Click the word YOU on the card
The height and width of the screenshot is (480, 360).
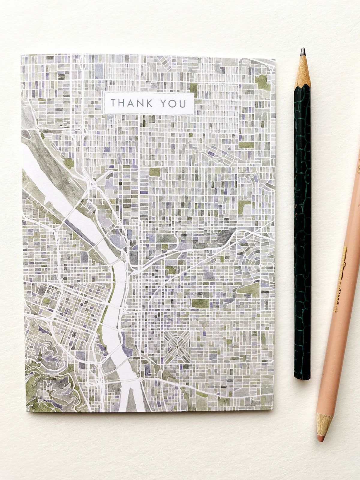coord(173,103)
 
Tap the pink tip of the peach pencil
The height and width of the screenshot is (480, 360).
coord(321,439)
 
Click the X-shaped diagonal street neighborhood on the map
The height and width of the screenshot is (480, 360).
coord(177,346)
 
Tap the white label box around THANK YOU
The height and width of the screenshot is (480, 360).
coord(148,103)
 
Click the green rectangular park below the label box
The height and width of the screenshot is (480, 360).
coord(155,172)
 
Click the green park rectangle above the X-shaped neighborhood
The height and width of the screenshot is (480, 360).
coord(200,303)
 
